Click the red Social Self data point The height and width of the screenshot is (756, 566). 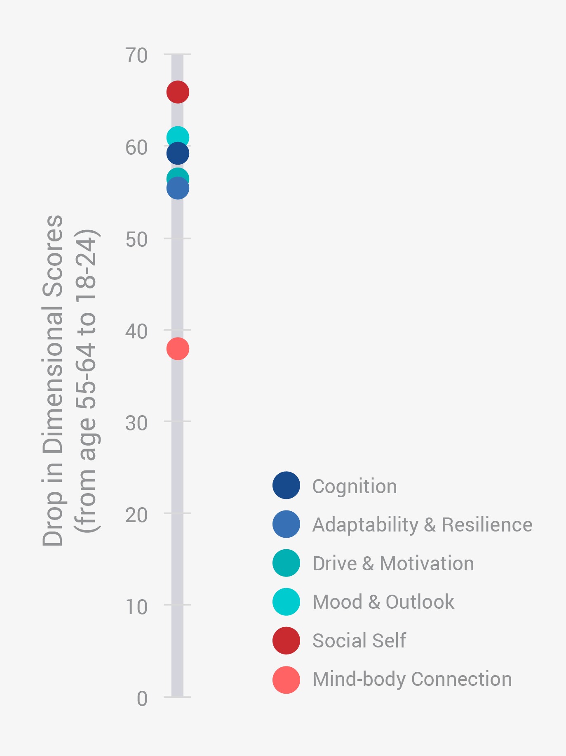tap(178, 92)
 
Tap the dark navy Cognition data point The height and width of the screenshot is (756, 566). tap(178, 154)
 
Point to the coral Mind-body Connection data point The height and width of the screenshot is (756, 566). tap(178, 349)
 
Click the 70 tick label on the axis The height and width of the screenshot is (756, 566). tap(136, 55)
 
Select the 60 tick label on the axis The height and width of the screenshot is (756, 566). tap(136, 147)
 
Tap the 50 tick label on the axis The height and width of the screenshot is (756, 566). tap(136, 239)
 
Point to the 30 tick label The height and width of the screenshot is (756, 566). tap(136, 423)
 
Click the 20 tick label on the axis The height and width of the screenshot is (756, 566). tap(136, 515)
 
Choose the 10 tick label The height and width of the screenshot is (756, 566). tap(136, 607)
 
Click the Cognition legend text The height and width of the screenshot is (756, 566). tap(355, 486)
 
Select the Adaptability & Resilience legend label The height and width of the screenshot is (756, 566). tap(422, 524)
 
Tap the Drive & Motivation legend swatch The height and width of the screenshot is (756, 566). tap(286, 563)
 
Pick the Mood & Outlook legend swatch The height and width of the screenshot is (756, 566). tap(286, 602)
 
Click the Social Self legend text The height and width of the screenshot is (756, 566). tap(359, 640)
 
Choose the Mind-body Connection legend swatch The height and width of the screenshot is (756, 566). tap(286, 679)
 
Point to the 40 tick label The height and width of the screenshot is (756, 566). tap(136, 331)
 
